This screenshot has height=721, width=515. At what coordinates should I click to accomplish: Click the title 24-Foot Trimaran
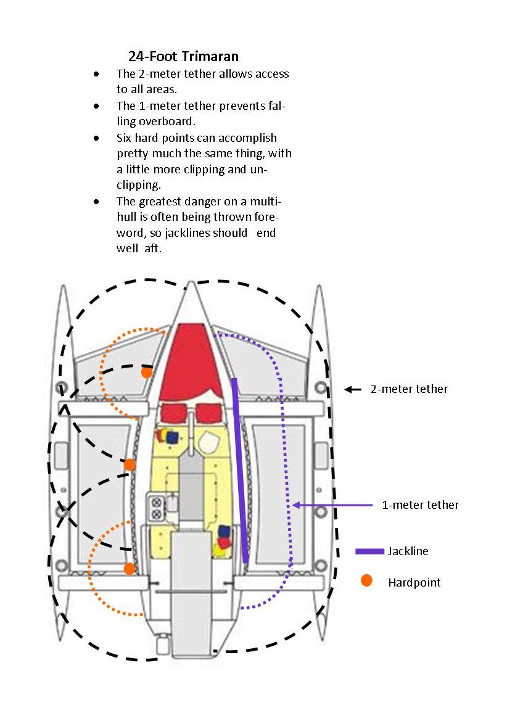pos(183,56)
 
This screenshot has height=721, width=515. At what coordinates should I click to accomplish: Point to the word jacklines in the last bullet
pos(203,234)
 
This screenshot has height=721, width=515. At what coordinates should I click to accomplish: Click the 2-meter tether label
pos(408,389)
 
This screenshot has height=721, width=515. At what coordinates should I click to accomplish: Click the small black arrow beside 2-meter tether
pos(352,389)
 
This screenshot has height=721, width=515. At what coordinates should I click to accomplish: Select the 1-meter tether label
pos(420,505)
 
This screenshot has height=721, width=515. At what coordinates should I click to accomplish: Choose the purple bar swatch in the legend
pos(369,551)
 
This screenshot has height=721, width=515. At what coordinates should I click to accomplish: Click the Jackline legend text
pos(408,551)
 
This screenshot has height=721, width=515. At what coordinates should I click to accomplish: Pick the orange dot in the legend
pos(366,580)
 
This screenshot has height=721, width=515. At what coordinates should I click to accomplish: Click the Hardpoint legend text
pos(414,582)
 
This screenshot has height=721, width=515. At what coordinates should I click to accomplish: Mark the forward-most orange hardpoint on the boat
pos(146,372)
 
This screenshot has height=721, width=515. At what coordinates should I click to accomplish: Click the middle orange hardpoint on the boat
pos(130,464)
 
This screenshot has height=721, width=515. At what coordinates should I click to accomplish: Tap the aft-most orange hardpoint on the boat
pos(130,568)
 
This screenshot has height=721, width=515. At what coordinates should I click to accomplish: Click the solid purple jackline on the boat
pos(240,469)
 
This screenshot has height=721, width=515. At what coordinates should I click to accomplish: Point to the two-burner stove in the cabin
pos(156,506)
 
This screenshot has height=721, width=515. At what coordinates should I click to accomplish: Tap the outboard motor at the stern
pos(162,646)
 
